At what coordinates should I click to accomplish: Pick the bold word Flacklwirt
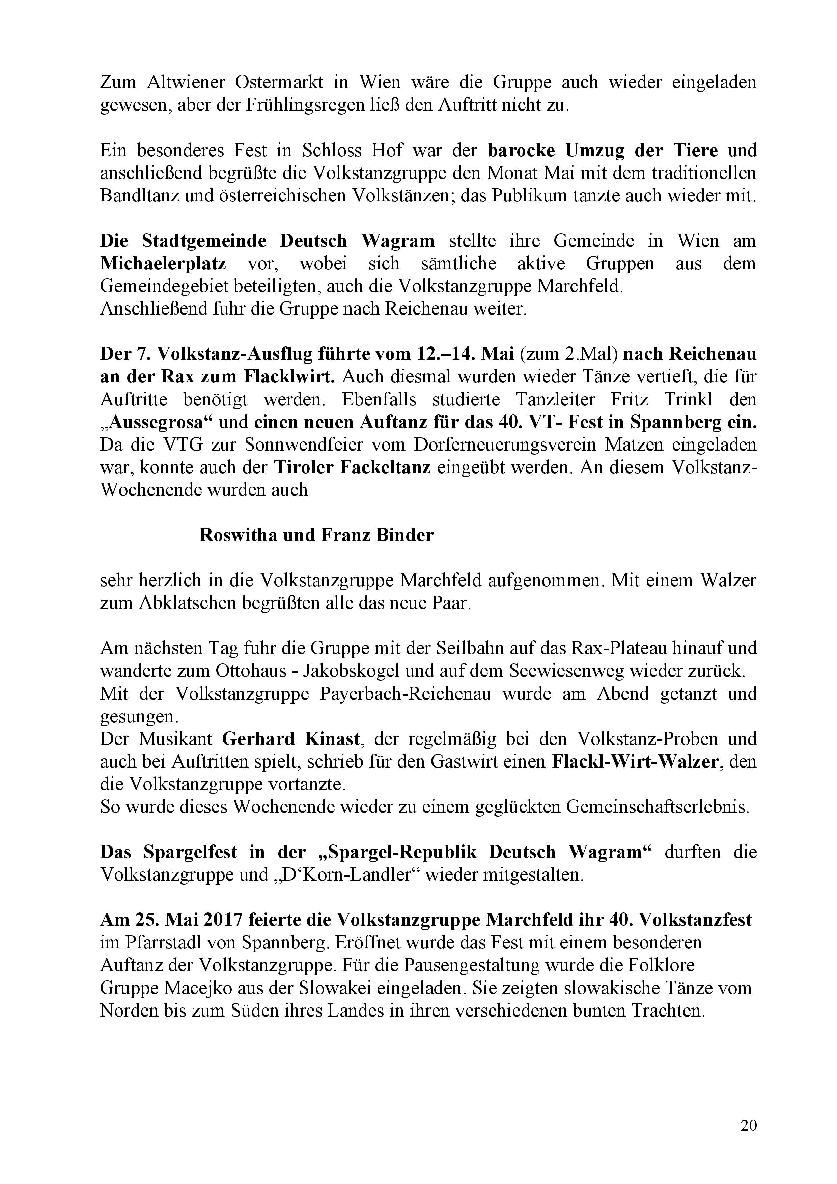click(289, 376)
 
